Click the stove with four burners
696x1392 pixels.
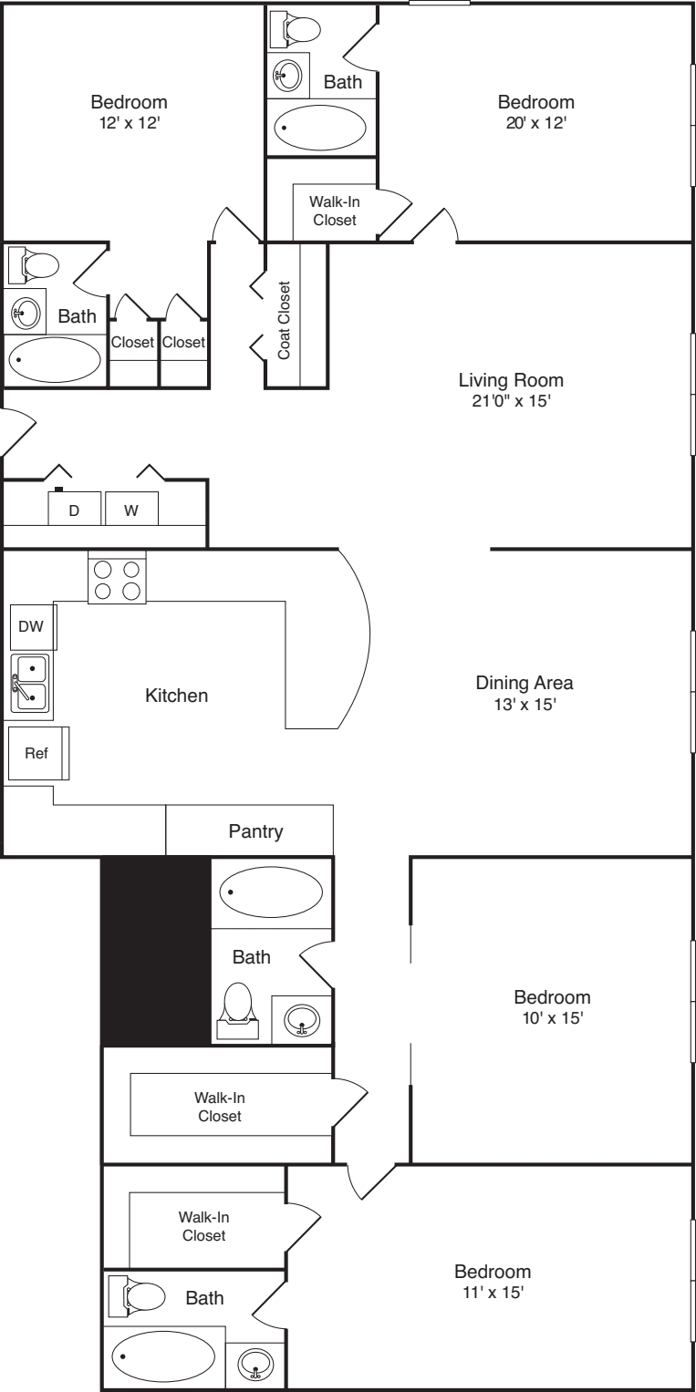pyautogui.click(x=117, y=578)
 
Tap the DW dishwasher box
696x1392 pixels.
pyautogui.click(x=32, y=628)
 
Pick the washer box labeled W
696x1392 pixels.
pyautogui.click(x=131, y=510)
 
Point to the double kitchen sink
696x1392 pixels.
pyautogui.click(x=32, y=683)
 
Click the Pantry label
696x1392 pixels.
pyautogui.click(x=255, y=831)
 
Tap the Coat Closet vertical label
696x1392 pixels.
pyautogui.click(x=285, y=319)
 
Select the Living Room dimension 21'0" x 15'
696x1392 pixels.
pyautogui.click(x=511, y=400)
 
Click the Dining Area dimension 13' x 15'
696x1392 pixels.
pyautogui.click(x=524, y=704)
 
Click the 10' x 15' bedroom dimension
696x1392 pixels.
pyautogui.click(x=551, y=1017)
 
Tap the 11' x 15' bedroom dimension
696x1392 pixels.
pyautogui.click(x=493, y=1292)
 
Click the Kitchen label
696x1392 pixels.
pyautogui.click(x=177, y=696)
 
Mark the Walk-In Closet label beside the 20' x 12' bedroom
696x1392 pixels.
pyautogui.click(x=334, y=211)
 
